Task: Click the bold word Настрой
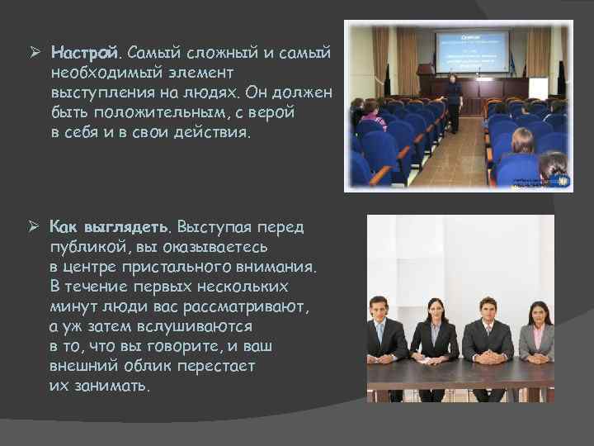(x=84, y=53)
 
